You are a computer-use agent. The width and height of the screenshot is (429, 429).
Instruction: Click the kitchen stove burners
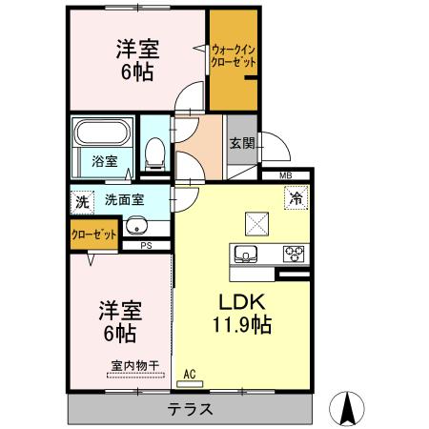(295, 254)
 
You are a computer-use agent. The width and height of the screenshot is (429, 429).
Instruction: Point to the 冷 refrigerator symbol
(296, 199)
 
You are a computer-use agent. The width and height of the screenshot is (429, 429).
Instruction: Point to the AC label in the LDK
(189, 373)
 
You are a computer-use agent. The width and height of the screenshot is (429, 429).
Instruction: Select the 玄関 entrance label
(241, 144)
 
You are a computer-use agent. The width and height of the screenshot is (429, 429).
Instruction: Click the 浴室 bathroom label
(105, 161)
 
